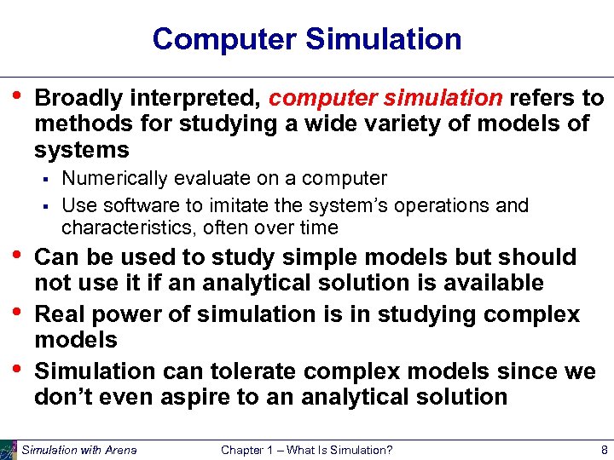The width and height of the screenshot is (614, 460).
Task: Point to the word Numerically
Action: click(x=113, y=179)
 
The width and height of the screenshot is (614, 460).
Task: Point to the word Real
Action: click(x=62, y=314)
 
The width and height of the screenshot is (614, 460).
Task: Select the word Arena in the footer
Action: click(x=118, y=450)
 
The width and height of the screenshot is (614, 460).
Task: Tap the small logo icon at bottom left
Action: click(x=9, y=450)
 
